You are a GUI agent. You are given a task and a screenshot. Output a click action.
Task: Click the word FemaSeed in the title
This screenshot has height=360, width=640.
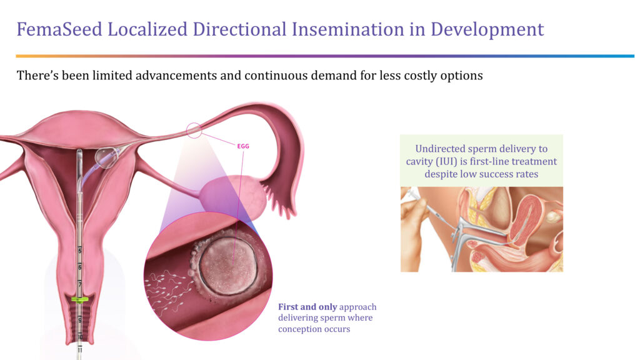59,29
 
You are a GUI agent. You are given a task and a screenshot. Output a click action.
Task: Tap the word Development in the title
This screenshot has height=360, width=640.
487,30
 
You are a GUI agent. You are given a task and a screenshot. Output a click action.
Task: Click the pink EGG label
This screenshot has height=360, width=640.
243,146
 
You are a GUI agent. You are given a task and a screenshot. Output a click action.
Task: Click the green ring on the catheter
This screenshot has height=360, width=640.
79,300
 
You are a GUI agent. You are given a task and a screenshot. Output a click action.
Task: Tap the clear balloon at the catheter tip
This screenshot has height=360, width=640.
106,157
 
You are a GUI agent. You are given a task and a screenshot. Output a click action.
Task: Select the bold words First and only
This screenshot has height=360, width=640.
307,307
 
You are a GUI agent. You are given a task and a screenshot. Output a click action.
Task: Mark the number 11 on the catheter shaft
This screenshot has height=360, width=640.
79,350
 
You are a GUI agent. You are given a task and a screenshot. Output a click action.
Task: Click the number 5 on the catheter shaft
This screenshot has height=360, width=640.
80,250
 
